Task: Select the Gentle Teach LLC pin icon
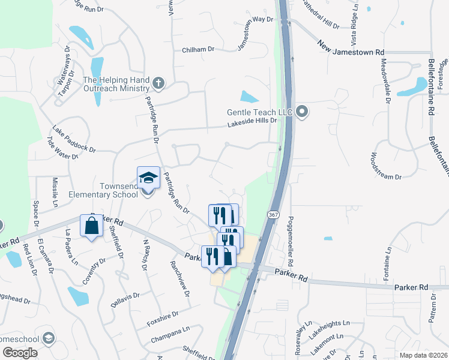pos(303,112)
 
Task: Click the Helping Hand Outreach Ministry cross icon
pos(158,83)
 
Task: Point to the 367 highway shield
pos(273,215)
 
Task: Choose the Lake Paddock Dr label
pos(74,139)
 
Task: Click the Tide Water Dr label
pos(62,148)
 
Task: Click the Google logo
pos(20,353)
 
